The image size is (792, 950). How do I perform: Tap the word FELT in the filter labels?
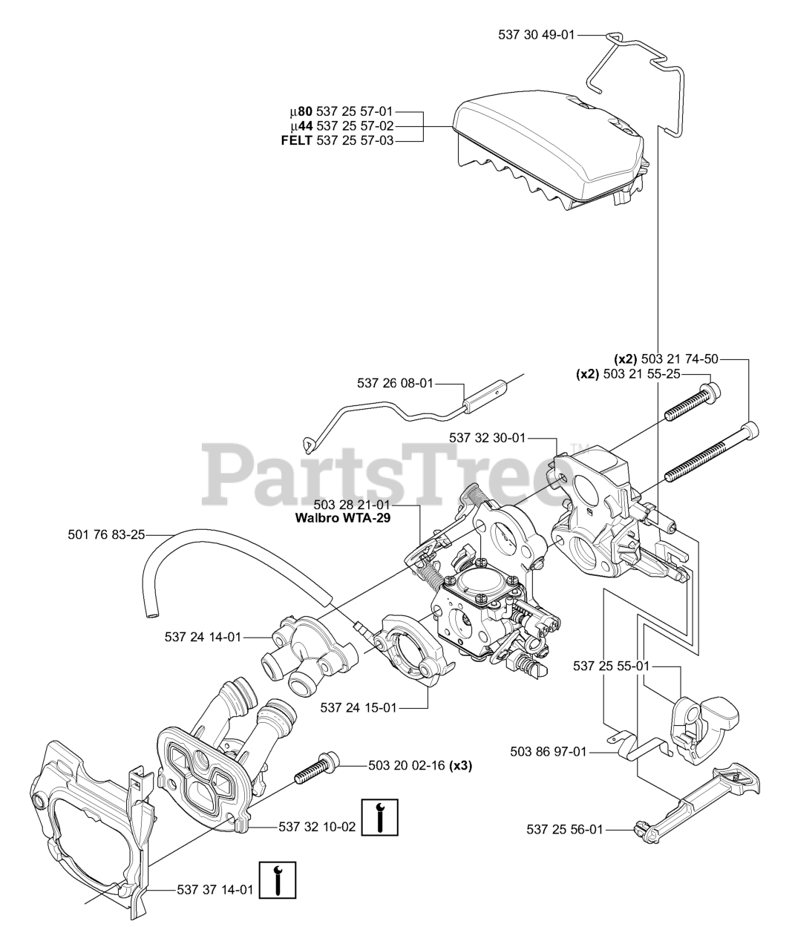pos(296,140)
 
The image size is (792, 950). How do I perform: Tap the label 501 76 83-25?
pos(105,534)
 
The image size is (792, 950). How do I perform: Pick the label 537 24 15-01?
pos(359,708)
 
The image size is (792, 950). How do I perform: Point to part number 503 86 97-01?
pos(549,752)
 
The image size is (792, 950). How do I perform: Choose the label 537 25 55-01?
pos(611,666)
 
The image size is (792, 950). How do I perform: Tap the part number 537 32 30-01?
pos(487,438)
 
